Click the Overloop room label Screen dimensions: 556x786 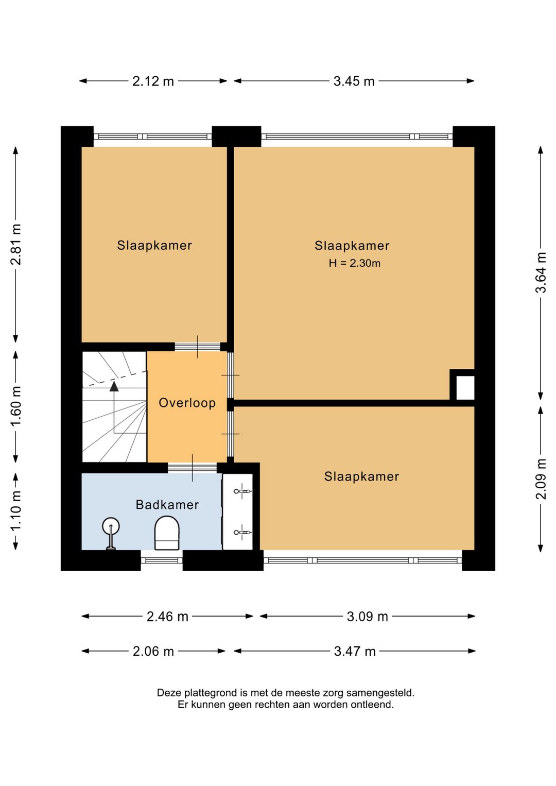coord(187,403)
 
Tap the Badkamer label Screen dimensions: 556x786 coord(167,505)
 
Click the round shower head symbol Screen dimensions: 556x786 coord(111,526)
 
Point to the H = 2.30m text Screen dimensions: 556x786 coord(354,263)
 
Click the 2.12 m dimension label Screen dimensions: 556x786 coord(153,81)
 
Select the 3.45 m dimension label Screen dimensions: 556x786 coord(354,81)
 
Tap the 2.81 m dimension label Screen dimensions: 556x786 coord(16,244)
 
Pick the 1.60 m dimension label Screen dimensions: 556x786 coord(16,406)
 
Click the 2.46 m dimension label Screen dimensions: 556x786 coord(167,617)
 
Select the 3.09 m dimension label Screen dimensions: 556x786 coord(367,617)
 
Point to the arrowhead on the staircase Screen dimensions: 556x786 coord(114,386)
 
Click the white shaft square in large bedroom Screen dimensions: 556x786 coord(465,388)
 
